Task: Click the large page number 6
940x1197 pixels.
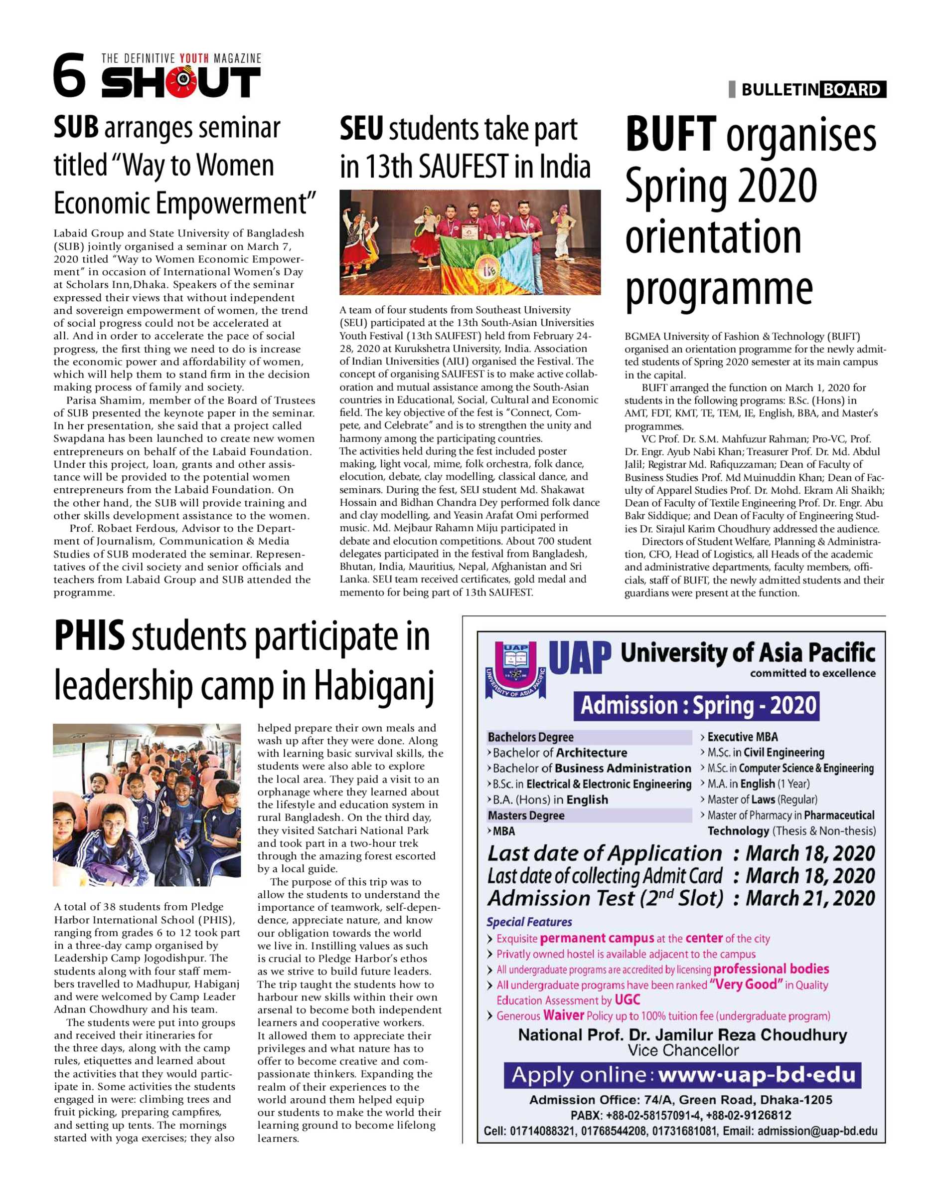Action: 70,75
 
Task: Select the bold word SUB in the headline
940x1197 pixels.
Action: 76,128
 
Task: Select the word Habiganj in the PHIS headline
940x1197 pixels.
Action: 374,686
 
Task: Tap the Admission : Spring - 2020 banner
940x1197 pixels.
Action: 696,706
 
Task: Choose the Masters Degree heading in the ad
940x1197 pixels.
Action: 526,815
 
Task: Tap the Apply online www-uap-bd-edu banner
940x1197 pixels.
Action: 682,1075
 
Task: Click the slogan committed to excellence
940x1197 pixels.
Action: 812,673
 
